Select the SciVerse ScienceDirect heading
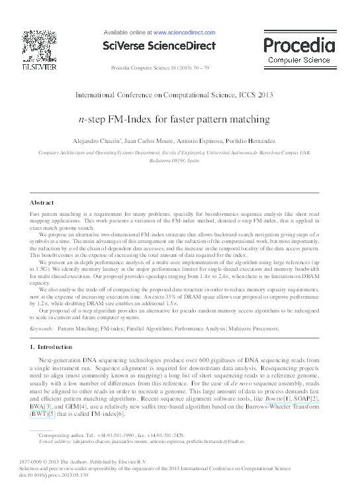(159, 46)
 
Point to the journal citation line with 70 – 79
(159, 68)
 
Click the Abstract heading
(43, 201)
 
